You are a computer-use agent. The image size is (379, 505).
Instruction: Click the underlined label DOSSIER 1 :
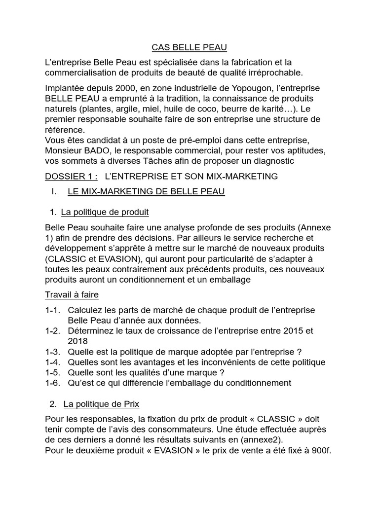(71, 176)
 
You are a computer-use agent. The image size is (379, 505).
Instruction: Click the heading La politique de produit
(105, 213)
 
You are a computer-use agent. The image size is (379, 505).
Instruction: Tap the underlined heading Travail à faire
(72, 294)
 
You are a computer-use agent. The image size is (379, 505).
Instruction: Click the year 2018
(78, 341)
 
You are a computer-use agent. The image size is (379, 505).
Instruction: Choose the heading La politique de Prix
(101, 404)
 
